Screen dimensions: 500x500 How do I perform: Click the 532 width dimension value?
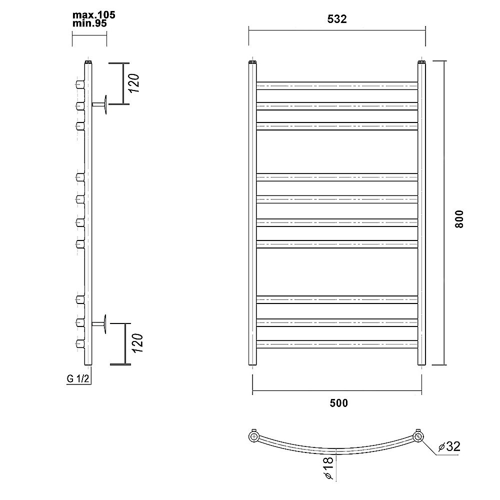coord(336,19)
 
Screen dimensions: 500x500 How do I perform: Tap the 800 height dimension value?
coord(459,219)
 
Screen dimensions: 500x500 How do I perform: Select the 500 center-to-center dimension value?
coord(338,403)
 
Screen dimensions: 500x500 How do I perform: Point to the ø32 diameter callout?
coord(449,446)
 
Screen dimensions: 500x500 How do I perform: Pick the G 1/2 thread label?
coord(78,378)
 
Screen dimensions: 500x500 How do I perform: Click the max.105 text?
coord(94,15)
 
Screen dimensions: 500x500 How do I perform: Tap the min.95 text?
coord(89,23)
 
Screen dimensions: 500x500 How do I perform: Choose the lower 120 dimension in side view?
coord(137,343)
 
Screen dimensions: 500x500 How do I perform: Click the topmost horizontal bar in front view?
coord(337,86)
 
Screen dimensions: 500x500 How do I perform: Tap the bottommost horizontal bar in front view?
coord(337,344)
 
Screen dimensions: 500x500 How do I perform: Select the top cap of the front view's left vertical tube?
coord(252,62)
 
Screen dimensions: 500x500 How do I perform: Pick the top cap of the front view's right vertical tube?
coord(421,62)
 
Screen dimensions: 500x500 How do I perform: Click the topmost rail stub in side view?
coord(80,84)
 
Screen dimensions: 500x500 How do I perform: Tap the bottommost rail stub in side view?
coord(80,344)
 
